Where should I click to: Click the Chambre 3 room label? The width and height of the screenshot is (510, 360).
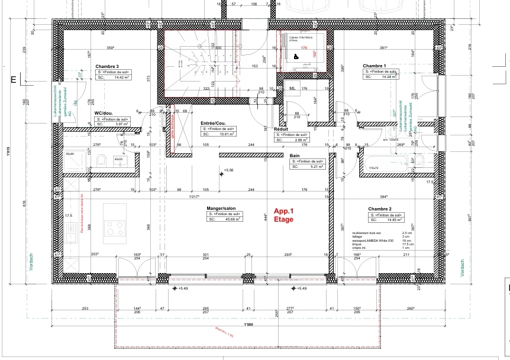(x=107, y=67)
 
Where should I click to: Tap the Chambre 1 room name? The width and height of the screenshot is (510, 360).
(x=374, y=66)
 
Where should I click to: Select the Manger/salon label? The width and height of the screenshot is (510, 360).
(x=222, y=209)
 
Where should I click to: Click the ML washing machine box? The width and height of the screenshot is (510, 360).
(x=292, y=89)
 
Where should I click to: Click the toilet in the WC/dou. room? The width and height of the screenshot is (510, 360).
(x=101, y=160)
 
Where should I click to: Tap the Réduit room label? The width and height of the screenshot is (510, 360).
(x=280, y=128)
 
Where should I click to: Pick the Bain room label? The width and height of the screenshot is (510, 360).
(x=295, y=155)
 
